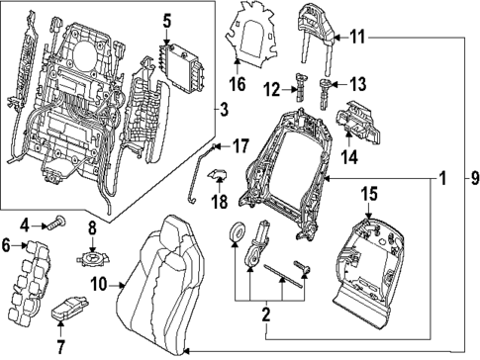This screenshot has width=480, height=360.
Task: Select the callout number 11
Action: tap(357, 37)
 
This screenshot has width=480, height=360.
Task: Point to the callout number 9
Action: tap(473, 179)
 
